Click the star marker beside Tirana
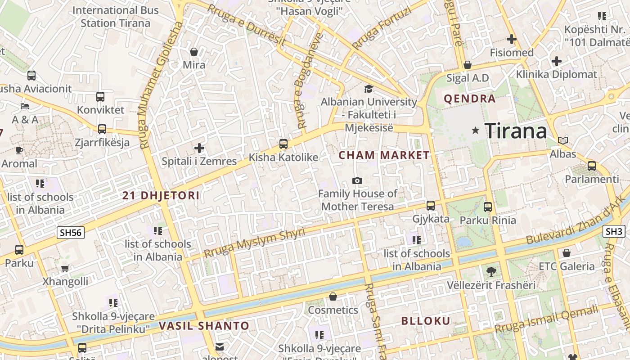pos(475,130)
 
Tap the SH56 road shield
pos(71,233)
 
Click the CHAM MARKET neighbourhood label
pos(384,155)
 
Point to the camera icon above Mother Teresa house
pos(357,180)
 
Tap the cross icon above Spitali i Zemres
pos(199,148)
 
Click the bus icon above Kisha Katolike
pos(283,144)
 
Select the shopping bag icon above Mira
pos(194,52)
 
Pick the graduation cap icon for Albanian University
pos(369,89)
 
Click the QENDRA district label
pos(469,99)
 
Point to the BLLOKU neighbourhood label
pos(425,321)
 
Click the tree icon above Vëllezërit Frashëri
pos(491,271)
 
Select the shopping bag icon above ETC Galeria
pos(567,253)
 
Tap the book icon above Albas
pos(562,140)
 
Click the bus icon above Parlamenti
pos(592,166)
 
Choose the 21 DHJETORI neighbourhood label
pos(161,196)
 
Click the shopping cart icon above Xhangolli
pos(65,269)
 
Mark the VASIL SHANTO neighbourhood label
pos(204,326)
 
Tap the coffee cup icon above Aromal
pos(19,150)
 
